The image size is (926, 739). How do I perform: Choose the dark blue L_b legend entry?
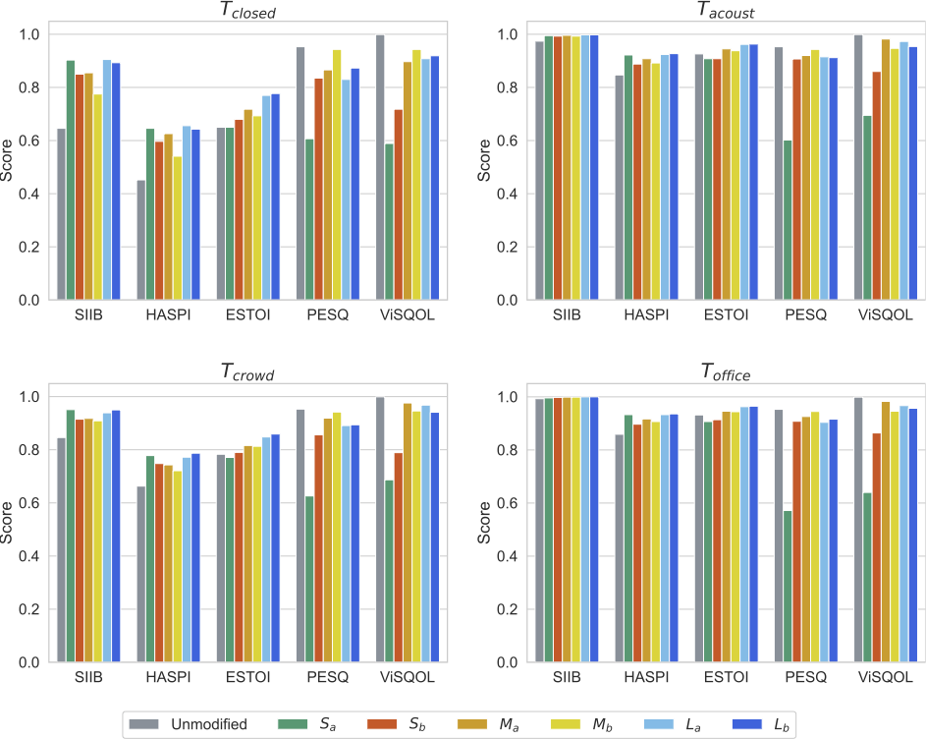[x=763, y=725]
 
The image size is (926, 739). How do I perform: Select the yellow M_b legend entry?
[x=586, y=725]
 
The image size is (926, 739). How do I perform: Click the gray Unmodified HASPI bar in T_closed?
[x=141, y=239]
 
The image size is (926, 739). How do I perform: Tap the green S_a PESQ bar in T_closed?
[x=309, y=218]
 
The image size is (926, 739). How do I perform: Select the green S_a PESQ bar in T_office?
[x=788, y=586]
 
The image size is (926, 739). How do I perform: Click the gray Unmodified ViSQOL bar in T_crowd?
[x=380, y=529]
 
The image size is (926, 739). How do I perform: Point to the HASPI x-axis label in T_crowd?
[x=164, y=678]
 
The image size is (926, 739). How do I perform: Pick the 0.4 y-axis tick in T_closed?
[x=33, y=194]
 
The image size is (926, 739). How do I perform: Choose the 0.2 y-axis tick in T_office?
[x=512, y=609]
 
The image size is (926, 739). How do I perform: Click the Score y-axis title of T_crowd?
[x=10, y=526]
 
